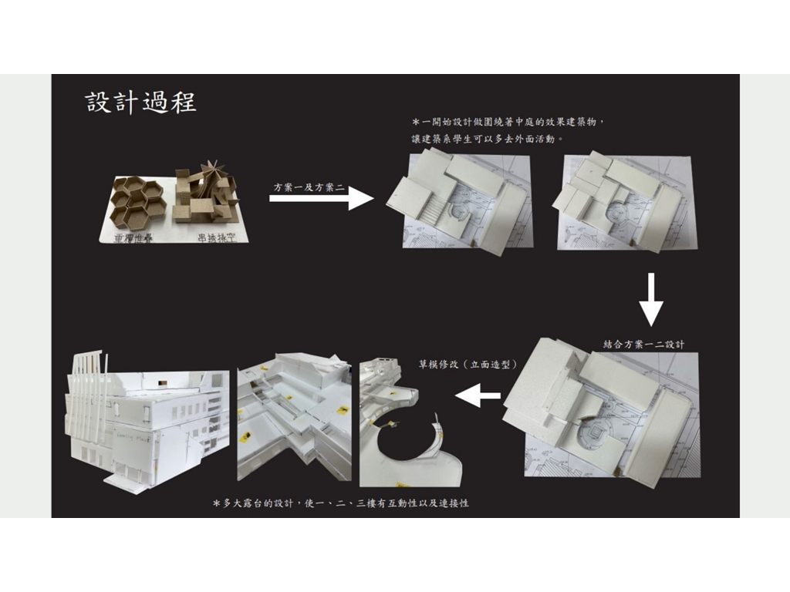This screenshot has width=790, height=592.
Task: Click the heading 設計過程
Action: pyautogui.click(x=140, y=103)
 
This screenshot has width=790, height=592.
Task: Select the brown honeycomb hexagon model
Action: pyautogui.click(x=140, y=200)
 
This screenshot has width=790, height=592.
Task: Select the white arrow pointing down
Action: pyautogui.click(x=651, y=300)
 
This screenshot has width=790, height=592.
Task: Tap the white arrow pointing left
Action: pyautogui.click(x=478, y=397)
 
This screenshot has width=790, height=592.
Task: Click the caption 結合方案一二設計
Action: pyautogui.click(x=643, y=344)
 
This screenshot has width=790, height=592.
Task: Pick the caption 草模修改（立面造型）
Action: pyautogui.click(x=468, y=363)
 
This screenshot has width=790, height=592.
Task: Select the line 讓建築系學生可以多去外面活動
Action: pyautogui.click(x=487, y=140)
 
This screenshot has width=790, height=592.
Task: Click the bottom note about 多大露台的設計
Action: pyautogui.click(x=340, y=503)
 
